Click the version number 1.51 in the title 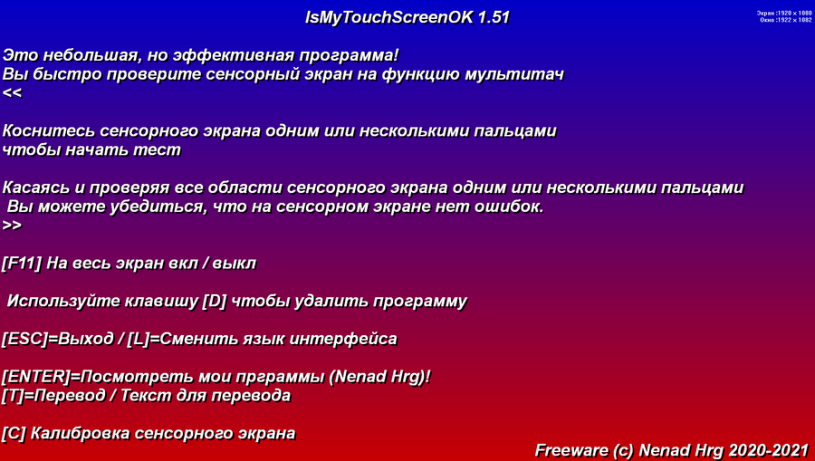coord(494,18)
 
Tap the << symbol coord(12,93)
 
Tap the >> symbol coord(12,226)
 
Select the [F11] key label coord(22,264)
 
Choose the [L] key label coord(139,340)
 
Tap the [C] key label coord(14,434)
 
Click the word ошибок coord(511,207)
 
